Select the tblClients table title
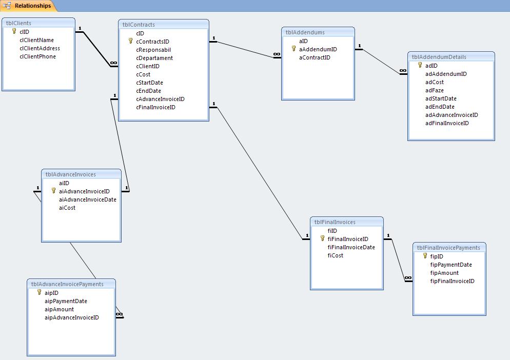[x=18, y=23]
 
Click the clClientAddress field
[x=40, y=48]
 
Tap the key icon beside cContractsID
[x=131, y=41]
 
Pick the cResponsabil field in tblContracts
[x=153, y=50]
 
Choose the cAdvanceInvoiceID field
[x=160, y=99]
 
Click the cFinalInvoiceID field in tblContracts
[x=155, y=107]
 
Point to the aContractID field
[x=315, y=57]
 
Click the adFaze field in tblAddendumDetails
[x=434, y=90]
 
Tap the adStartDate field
[x=441, y=98]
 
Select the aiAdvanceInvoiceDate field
[x=87, y=199]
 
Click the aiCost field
[x=67, y=208]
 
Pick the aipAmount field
[x=59, y=309]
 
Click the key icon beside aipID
[x=39, y=292]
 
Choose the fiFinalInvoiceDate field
[x=351, y=247]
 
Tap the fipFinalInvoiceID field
[x=452, y=281]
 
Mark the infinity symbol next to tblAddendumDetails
[x=403, y=71]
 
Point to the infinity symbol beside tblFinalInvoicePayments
[x=408, y=278]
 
